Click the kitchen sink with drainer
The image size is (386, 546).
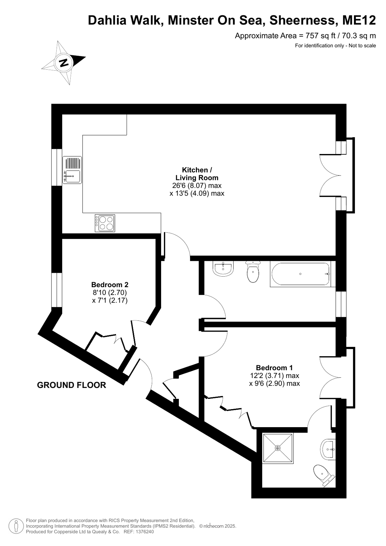(x=72, y=170)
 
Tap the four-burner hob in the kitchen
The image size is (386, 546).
(x=105, y=223)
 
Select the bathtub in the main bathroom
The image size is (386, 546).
(x=300, y=274)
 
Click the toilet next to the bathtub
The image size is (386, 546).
(x=253, y=271)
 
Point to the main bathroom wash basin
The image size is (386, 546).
(x=223, y=268)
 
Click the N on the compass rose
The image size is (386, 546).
(x=64, y=62)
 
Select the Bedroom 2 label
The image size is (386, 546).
(x=110, y=284)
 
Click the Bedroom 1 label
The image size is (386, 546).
(x=274, y=367)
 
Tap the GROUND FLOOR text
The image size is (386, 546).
(x=71, y=385)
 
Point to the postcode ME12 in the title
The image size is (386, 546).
(x=359, y=20)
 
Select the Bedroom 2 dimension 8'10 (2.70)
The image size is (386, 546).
(x=109, y=292)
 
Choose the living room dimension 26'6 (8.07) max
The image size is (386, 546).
(x=197, y=185)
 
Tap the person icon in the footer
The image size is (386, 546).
(x=16, y=526)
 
